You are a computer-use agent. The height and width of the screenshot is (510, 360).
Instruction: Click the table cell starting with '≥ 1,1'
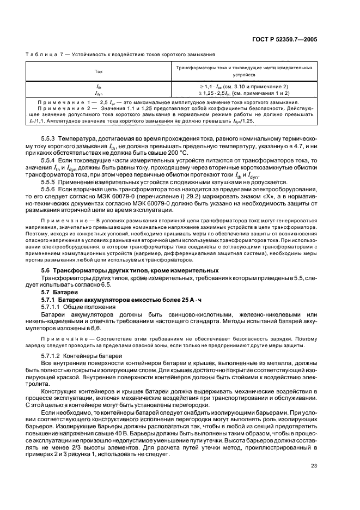[243, 87]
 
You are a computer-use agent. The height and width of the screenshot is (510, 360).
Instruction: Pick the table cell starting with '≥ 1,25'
[243, 93]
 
